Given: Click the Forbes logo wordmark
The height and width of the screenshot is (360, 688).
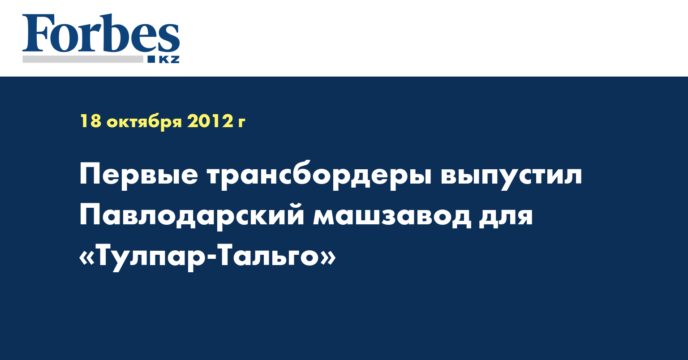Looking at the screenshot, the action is click(x=101, y=34).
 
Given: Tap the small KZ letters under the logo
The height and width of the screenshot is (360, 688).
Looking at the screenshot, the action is click(x=169, y=60).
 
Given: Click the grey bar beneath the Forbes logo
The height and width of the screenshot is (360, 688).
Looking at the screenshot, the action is click(x=82, y=59).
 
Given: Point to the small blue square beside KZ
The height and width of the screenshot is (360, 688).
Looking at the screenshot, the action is click(x=151, y=59).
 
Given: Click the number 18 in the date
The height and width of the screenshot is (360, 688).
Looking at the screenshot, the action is click(x=90, y=121).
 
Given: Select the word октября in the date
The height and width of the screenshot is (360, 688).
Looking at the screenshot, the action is click(x=144, y=122).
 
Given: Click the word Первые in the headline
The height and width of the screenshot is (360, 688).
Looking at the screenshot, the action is click(x=138, y=175).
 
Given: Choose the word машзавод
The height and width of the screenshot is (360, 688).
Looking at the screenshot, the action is click(x=391, y=217).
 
